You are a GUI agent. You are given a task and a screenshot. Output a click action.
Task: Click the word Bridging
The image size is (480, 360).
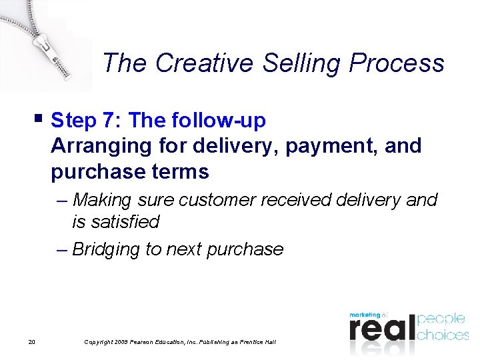[x=106, y=250]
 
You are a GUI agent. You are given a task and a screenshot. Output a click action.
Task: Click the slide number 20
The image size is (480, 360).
[x=32, y=342]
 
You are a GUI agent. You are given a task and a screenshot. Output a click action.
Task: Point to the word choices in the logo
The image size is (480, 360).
[x=443, y=335]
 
